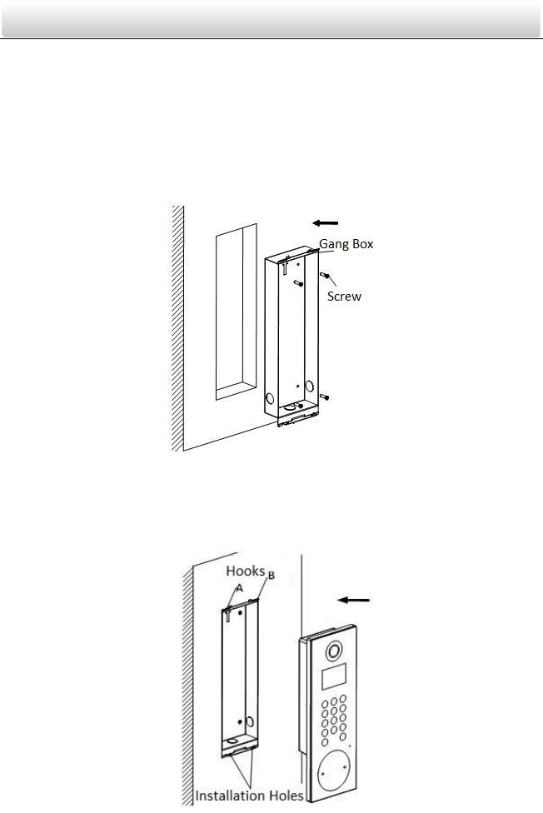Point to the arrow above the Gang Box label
[326, 222]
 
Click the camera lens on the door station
[333, 651]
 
